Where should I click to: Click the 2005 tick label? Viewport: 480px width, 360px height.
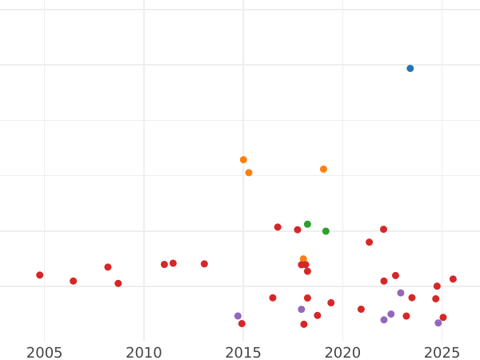coord(44,352)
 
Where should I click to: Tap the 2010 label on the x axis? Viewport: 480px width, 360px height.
coord(144,352)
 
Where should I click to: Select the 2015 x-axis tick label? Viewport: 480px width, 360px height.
coord(243,352)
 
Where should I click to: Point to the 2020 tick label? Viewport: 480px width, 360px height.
coord(342,352)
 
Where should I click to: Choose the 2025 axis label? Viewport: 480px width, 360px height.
coord(442,352)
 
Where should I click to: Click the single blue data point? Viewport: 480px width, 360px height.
coord(410,69)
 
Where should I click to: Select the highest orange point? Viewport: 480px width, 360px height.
coord(243,160)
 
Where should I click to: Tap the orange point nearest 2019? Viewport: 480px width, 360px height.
coord(323,170)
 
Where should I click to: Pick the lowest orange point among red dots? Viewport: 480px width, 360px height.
coord(303,259)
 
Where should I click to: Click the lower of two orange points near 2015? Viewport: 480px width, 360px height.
coord(249,173)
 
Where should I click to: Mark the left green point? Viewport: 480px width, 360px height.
coord(307,225)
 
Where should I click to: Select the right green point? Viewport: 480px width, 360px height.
coord(326,231)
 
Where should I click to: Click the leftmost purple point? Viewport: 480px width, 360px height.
coord(238,316)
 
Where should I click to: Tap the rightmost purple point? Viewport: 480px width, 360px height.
coord(438,323)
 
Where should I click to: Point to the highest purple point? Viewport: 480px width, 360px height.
coord(401,294)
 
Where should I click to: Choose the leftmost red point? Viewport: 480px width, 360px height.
coord(40,275)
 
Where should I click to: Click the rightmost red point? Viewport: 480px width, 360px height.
coord(453,279)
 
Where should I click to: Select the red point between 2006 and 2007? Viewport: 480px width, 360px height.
coord(73,282)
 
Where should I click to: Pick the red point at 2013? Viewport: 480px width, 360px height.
coord(204,264)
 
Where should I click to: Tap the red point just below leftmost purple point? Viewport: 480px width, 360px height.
coord(242,324)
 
